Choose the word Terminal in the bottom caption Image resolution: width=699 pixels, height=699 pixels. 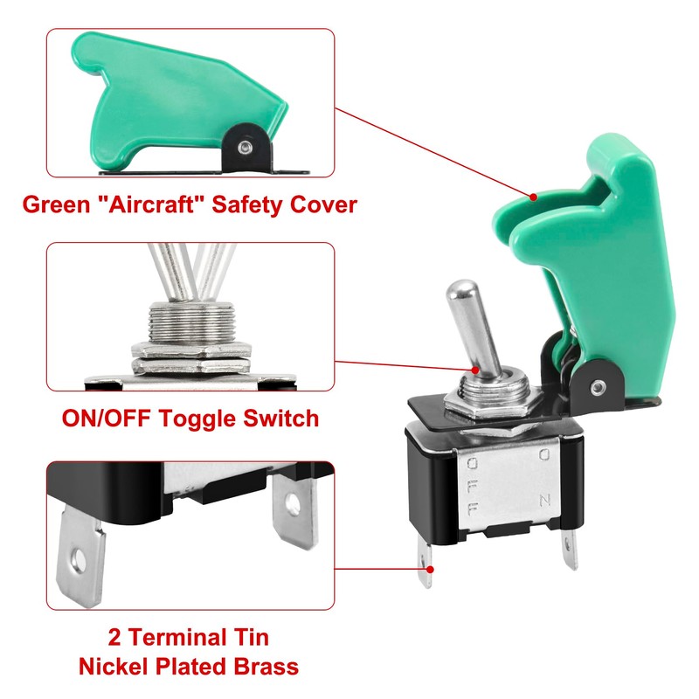point(183,637)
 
